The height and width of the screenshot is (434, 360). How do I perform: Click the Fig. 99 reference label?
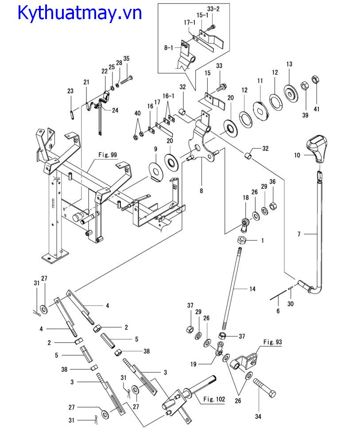click(108, 154)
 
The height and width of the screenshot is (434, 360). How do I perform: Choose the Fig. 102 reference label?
click(214, 399)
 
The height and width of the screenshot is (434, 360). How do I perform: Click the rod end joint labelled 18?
click(244, 225)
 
